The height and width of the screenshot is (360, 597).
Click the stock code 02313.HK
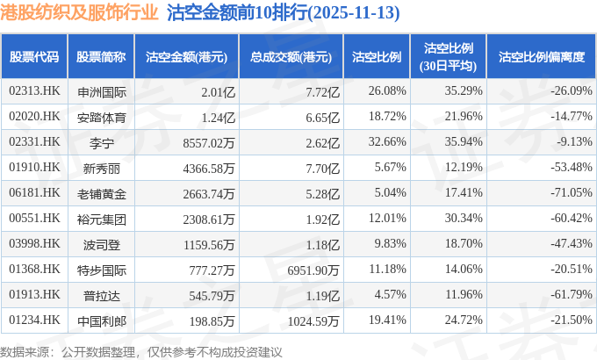34,91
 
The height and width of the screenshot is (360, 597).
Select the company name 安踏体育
102,117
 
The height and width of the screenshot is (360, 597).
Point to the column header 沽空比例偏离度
541,56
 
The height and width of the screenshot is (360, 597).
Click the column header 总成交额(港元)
284,56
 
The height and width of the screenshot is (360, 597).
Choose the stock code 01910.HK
34,168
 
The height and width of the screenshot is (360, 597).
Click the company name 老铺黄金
102,193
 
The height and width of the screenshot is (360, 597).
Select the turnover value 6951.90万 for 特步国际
310,270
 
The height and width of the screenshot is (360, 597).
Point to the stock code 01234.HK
34,321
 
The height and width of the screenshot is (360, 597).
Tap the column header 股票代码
34,56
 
